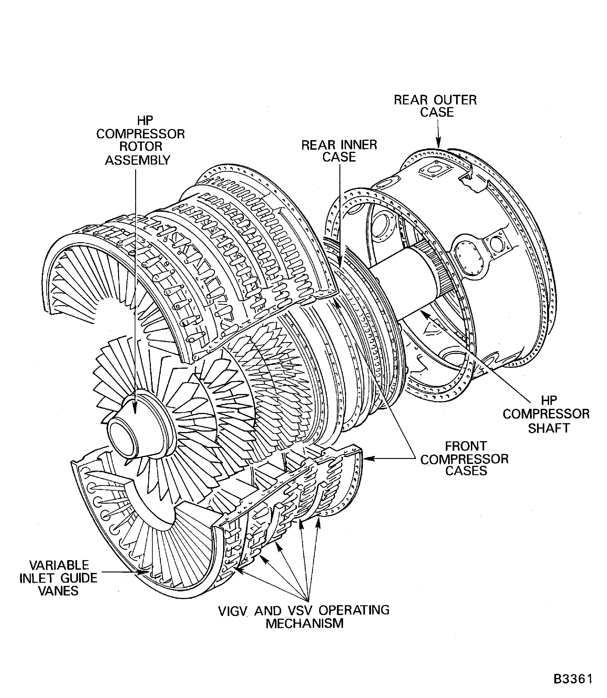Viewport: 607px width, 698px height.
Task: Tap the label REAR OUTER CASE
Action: coord(435,106)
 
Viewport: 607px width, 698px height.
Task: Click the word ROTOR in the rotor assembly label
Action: coord(141,147)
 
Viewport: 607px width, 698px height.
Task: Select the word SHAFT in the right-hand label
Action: coord(549,428)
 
